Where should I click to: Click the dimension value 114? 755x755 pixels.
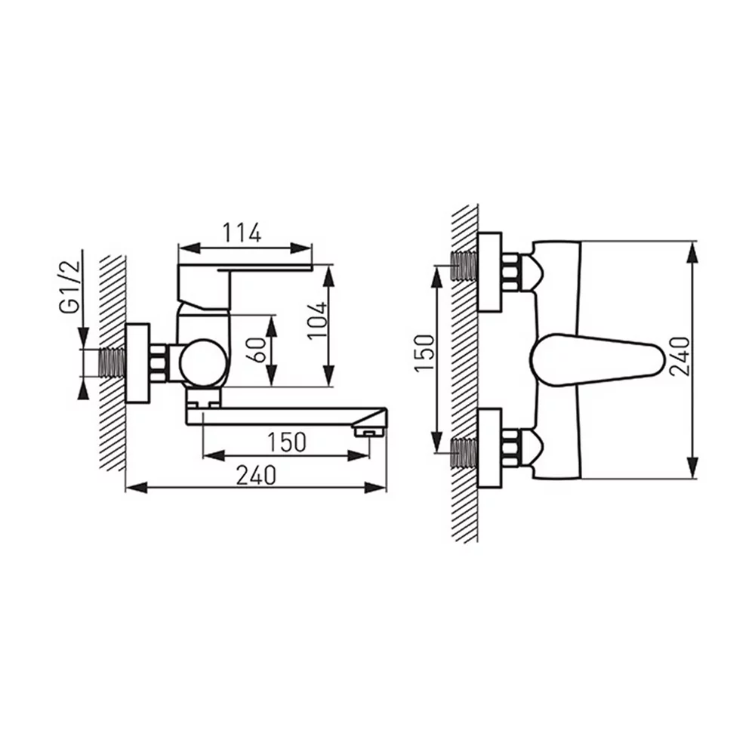(x=242, y=233)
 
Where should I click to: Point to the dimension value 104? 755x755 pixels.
(x=318, y=321)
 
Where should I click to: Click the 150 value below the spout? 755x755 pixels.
(x=286, y=442)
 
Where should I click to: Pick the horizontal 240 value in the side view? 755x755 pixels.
(x=256, y=475)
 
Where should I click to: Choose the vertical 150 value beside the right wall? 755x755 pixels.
(x=424, y=353)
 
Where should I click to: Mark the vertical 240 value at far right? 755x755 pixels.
(x=679, y=356)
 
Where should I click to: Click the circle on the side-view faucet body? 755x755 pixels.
(x=202, y=363)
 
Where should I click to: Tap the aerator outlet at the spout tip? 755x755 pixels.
(x=369, y=431)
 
